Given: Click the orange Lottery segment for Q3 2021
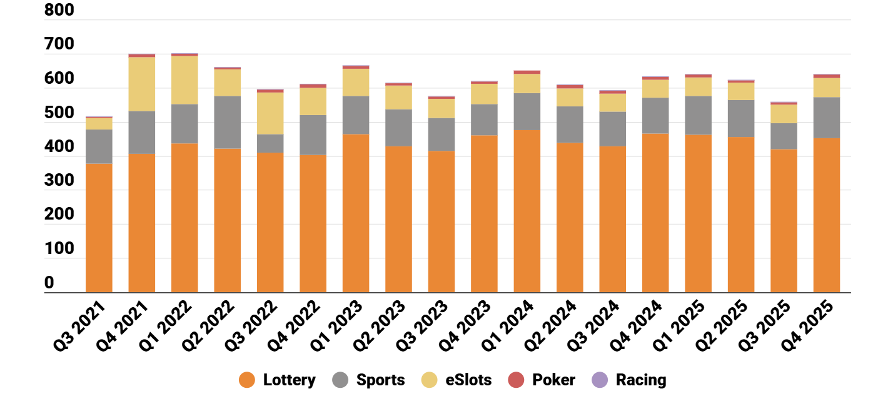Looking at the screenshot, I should [99, 228].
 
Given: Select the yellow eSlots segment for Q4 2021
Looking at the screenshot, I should [141, 84].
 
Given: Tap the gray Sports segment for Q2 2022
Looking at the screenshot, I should [227, 122].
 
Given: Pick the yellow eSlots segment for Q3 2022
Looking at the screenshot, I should [270, 113].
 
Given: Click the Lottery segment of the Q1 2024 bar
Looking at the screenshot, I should [527, 211].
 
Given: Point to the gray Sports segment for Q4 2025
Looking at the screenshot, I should [826, 118].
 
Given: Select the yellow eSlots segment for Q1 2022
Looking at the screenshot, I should [184, 80].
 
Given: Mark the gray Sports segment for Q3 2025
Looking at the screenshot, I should [784, 136].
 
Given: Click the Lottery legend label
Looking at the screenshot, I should [289, 380].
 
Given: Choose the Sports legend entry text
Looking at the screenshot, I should [380, 380].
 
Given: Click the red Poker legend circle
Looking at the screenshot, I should [515, 380].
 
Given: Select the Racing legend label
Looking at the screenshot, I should [641, 380].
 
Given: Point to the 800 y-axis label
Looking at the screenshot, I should [59, 11].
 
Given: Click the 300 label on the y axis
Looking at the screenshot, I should [59, 181].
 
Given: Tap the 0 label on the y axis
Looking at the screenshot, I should [49, 283].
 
